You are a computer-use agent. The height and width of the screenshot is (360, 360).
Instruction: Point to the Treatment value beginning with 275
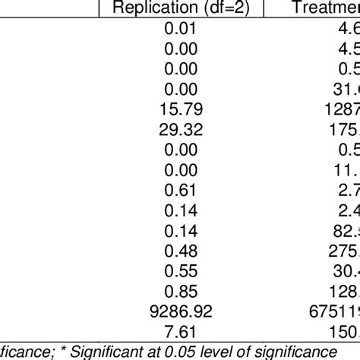[342, 248]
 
